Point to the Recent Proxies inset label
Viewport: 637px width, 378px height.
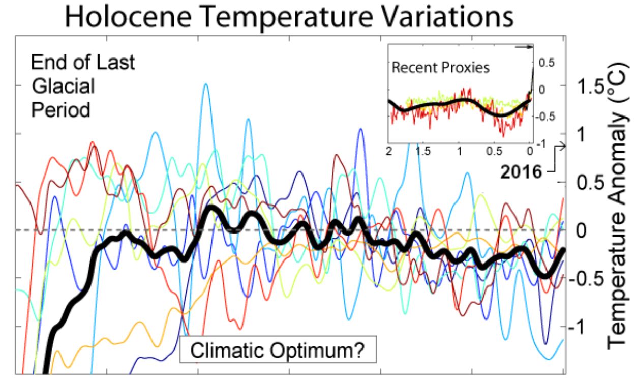(440, 68)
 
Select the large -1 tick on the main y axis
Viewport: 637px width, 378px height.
(582, 327)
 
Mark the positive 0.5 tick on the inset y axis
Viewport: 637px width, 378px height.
(544, 63)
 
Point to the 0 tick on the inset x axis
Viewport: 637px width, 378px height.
(529, 151)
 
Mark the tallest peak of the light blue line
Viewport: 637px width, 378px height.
(206, 84)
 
